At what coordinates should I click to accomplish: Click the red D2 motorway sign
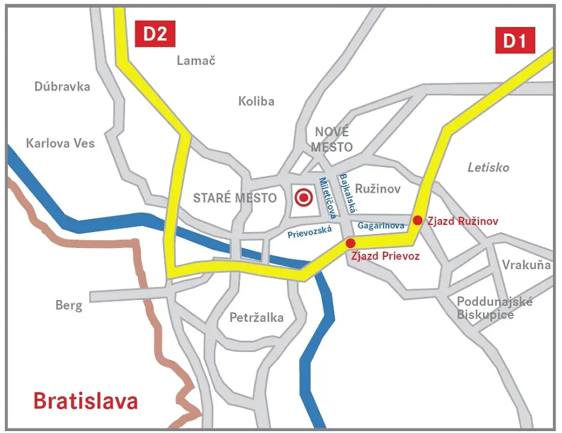click(155, 33)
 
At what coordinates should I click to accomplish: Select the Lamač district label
click(196, 60)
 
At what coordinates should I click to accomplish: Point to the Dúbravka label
click(63, 87)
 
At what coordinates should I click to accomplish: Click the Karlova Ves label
click(60, 143)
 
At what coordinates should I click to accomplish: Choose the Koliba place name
click(256, 102)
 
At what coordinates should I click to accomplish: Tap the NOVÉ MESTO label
click(332, 139)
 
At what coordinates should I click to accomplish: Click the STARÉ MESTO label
click(235, 198)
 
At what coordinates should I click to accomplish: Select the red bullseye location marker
click(302, 197)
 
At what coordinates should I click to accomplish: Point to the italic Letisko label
click(488, 168)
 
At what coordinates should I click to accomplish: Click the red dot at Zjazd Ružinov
click(418, 220)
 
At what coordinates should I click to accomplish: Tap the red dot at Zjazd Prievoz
click(350, 243)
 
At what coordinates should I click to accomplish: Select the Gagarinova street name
click(381, 226)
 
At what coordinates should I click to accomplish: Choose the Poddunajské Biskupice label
click(494, 308)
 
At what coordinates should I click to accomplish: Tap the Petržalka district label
click(256, 318)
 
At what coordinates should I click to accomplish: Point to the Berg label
click(69, 305)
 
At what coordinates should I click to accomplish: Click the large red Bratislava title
click(85, 402)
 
